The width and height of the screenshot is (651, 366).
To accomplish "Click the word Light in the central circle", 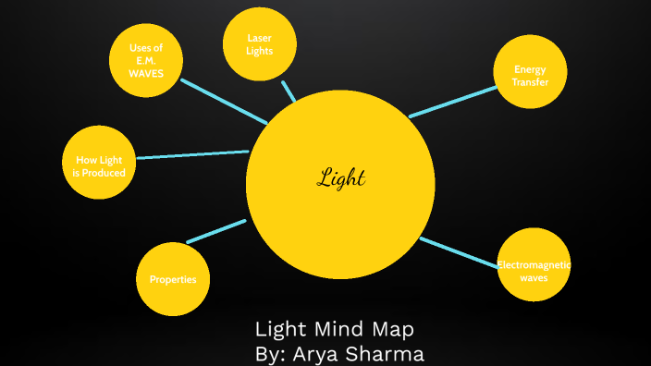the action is (341, 177).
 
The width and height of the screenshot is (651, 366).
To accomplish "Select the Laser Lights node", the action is (260, 43).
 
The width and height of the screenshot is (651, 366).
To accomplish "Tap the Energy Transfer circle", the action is (530, 73).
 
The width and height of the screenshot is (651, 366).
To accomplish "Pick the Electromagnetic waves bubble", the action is (534, 264).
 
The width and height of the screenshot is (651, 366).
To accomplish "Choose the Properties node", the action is (173, 279).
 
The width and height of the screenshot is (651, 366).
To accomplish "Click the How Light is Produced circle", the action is (99, 163).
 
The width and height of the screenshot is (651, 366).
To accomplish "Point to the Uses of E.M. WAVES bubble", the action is (145, 60).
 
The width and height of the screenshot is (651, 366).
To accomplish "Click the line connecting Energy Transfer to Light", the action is (453, 102).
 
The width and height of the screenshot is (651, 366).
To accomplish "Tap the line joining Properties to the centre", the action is (216, 231).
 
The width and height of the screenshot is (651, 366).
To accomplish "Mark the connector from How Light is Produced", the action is (191, 154).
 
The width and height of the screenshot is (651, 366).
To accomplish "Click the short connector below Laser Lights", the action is (289, 91).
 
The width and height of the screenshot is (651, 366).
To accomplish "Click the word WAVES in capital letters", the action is (146, 73).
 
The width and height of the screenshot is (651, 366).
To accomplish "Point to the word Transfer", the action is (530, 81).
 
